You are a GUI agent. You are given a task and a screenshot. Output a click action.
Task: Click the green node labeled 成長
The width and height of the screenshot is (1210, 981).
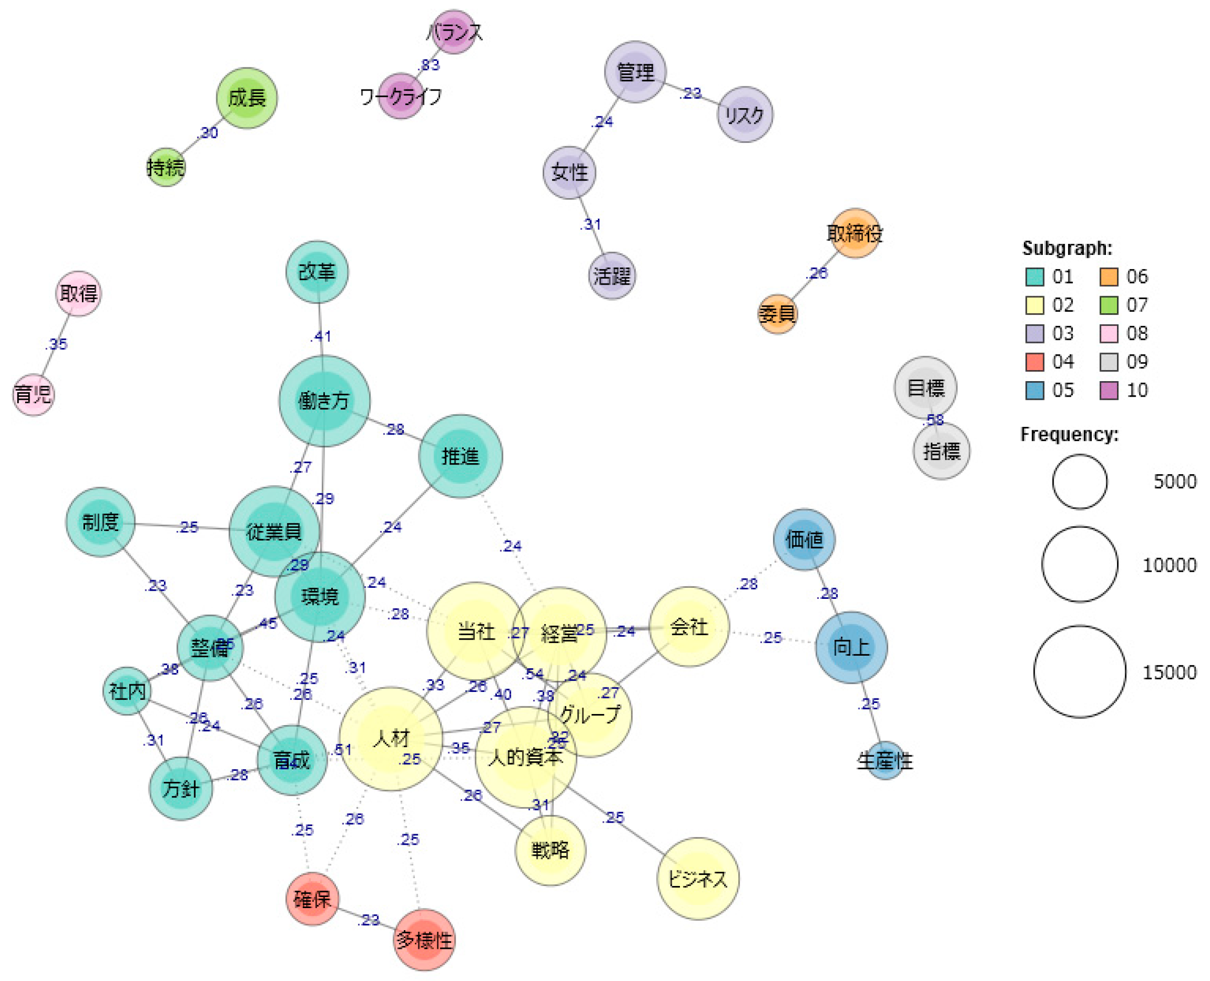tap(246, 99)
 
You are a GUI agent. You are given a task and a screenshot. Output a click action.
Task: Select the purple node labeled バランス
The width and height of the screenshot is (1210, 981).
tap(454, 32)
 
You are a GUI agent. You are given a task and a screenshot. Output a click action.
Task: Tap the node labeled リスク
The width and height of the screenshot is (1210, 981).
tap(744, 115)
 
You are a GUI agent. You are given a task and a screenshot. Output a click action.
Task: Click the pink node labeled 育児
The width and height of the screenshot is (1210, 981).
tap(33, 394)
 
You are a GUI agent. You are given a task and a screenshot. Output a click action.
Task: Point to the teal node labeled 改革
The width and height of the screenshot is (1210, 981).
tap(316, 272)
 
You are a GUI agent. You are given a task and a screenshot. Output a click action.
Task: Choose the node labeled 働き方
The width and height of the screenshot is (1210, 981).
tap(324, 401)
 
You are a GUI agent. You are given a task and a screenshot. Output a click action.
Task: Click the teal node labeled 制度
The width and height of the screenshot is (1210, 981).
tap(101, 521)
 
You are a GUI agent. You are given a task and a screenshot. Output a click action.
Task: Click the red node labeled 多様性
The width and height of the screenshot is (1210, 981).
tap(424, 940)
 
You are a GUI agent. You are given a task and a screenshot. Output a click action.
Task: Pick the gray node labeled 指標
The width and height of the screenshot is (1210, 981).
tap(941, 451)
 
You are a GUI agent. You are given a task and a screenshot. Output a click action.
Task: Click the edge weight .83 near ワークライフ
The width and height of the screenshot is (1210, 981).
tap(429, 65)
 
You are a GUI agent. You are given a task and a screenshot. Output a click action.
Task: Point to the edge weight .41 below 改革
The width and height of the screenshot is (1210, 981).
tap(321, 336)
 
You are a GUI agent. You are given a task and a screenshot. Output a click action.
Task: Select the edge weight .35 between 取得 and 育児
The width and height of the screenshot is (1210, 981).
tap(56, 344)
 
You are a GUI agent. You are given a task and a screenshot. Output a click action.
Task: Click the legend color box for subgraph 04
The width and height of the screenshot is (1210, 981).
tap(1034, 362)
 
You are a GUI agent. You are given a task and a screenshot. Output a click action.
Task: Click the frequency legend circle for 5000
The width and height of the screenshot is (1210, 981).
tap(1079, 482)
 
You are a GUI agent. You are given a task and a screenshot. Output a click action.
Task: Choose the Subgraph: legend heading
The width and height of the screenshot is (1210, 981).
tap(1067, 248)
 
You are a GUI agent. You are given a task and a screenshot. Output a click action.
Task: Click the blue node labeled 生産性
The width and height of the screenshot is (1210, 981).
tap(885, 761)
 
